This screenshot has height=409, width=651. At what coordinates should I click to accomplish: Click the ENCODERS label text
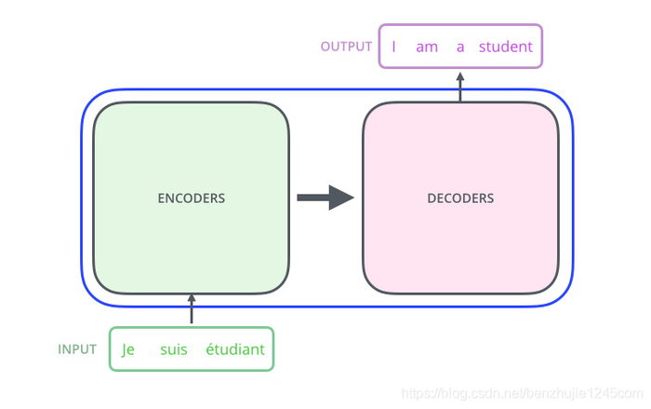point(192,198)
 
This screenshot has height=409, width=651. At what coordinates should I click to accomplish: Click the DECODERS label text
point(460,198)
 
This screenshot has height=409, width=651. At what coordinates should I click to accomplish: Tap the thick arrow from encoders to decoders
point(325,198)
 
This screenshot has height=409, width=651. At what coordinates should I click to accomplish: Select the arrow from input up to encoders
point(192,309)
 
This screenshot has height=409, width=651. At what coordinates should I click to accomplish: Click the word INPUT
point(77,349)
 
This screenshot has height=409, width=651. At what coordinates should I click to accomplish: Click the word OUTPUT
point(346,47)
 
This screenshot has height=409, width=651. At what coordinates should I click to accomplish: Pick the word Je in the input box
point(128,350)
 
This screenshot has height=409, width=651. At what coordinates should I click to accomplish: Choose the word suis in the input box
point(173,350)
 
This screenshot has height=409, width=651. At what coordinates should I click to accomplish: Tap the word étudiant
point(235,350)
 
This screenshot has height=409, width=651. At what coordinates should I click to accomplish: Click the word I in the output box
point(393,47)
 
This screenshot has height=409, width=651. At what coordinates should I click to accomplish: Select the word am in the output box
point(427,47)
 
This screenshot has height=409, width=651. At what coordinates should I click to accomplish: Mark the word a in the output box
point(460,47)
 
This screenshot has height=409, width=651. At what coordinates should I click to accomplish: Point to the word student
point(506,47)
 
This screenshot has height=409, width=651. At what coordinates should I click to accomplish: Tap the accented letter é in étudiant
point(210,350)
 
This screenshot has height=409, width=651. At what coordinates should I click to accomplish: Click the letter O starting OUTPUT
point(325,47)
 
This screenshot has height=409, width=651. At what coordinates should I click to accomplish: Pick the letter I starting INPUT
point(60,349)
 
